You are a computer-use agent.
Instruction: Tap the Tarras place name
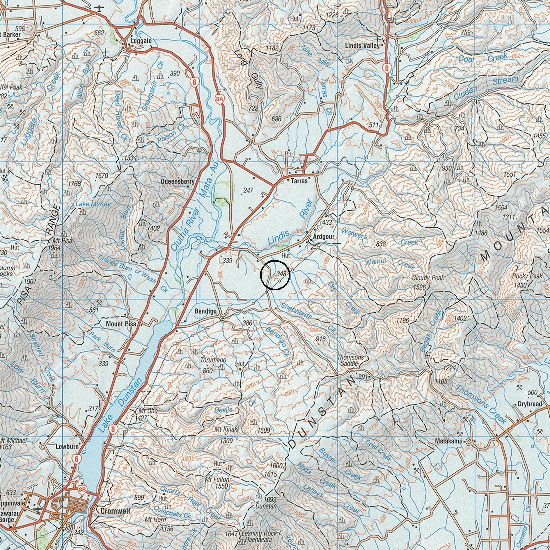coord(299,181)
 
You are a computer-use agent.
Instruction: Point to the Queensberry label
coord(178,182)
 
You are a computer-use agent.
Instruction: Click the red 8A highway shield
coord(220,99)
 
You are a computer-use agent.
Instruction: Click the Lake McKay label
coord(93,204)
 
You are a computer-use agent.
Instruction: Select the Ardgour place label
coord(324,237)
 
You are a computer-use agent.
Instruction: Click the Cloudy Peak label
coord(428,278)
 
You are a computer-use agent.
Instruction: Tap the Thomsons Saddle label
coord(350,360)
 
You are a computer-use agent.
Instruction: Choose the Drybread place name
coord(530,404)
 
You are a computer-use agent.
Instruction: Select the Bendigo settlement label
coord(206,311)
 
